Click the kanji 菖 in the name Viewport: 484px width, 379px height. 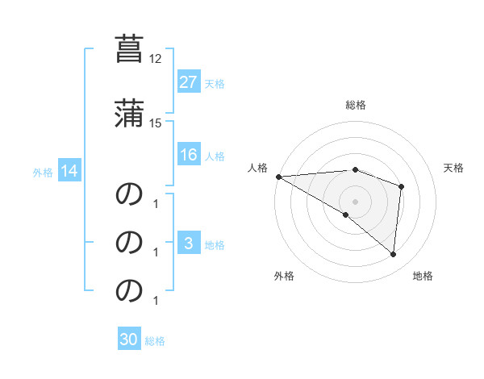coord(128,48)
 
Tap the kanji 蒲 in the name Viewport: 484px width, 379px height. coord(128,112)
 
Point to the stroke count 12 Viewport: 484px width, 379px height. coord(156,59)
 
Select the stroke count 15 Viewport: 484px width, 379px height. coord(156,123)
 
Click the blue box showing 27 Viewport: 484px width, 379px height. coord(188,82)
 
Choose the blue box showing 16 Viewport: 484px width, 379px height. coord(188,155)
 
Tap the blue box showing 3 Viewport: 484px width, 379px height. coord(188,244)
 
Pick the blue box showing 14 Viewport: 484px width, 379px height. coord(69,171)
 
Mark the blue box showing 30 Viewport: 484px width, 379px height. coord(129,340)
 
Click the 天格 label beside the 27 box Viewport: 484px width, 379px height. coord(215,83)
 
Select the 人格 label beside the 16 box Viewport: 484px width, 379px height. coord(215,156)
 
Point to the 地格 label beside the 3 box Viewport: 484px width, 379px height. coord(215,244)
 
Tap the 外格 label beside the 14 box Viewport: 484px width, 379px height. coord(43,172)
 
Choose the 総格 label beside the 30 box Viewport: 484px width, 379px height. coord(155,341)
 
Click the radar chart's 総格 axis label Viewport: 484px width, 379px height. coord(356,105)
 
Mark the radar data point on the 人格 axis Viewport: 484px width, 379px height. coord(278,177)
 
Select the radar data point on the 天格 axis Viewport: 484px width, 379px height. coord(401,186)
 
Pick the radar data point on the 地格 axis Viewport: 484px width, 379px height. coord(393,255)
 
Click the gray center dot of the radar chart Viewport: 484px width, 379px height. coord(356,201)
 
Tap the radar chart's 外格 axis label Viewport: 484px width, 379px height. coord(283,276)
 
